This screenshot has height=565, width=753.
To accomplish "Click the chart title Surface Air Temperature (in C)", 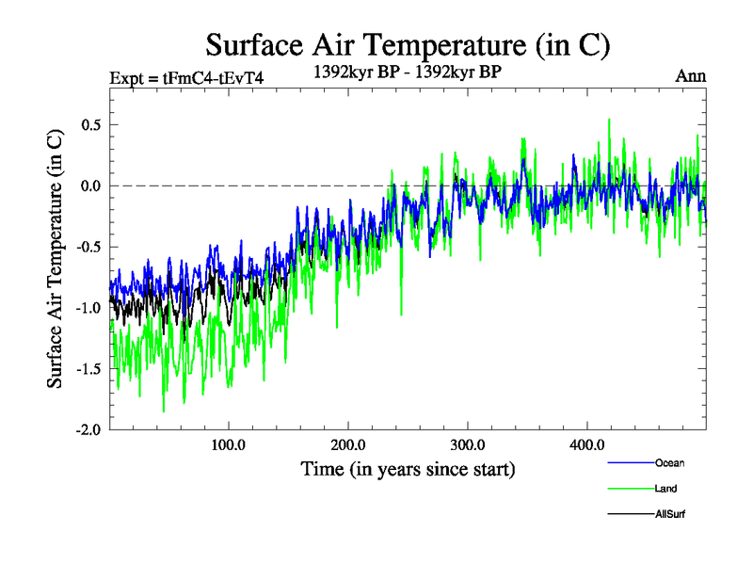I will (x=408, y=44).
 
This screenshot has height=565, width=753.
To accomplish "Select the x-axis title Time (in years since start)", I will (x=408, y=468).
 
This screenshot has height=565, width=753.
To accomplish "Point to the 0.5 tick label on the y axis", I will (x=88, y=125).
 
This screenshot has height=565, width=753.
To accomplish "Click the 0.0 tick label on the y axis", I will (x=88, y=186).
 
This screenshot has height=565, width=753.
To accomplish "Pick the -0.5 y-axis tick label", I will (x=86, y=247).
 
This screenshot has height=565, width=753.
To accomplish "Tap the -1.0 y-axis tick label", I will (x=86, y=308).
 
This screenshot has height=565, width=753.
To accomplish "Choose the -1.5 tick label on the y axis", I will (x=86, y=369).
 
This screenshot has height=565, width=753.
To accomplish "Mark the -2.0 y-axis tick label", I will (x=86, y=429).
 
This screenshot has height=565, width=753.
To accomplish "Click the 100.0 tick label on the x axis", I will (x=229, y=445).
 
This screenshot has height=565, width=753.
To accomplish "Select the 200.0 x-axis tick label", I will (x=348, y=445).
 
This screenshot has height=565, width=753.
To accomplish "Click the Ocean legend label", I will (x=670, y=462).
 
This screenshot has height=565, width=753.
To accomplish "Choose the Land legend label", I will (x=665, y=489).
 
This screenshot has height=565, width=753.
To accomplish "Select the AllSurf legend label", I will (x=669, y=514).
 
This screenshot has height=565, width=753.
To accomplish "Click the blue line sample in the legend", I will (x=629, y=463).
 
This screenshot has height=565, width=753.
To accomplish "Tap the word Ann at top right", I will (x=690, y=76).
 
